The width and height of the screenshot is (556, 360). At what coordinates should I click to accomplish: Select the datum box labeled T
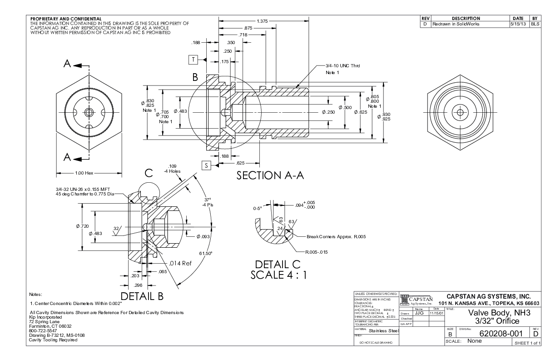coord(193,59)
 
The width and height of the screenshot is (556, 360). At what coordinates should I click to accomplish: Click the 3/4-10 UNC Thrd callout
coord(343,66)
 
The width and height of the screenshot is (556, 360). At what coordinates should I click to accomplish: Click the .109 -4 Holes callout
coord(174,169)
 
